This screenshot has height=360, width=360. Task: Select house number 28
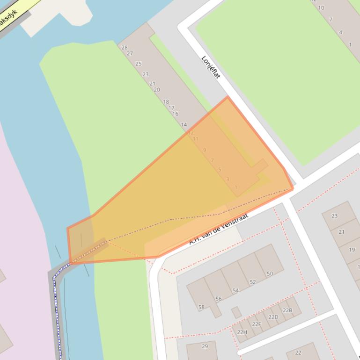point(125,47)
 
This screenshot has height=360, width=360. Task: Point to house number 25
point(139,64)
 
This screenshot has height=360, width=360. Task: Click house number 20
point(157,90)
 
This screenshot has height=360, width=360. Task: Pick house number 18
point(166,101)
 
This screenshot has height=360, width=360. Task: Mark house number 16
point(175,114)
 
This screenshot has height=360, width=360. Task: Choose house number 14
point(184,125)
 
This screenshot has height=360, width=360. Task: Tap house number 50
point(270,274)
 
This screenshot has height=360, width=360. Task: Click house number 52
point(253,282)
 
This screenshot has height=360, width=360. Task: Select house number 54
point(235,290)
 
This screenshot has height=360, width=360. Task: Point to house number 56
point(219,299)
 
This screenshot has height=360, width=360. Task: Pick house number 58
point(201,307)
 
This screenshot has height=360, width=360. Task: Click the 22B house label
point(287,310)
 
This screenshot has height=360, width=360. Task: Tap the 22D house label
point(273,317)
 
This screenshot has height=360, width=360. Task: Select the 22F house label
point(257,324)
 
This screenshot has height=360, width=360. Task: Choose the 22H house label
point(242,332)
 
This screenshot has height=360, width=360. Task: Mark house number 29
point(205,346)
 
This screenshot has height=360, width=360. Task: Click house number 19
point(352,250)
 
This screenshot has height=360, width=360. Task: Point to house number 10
point(321,7)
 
